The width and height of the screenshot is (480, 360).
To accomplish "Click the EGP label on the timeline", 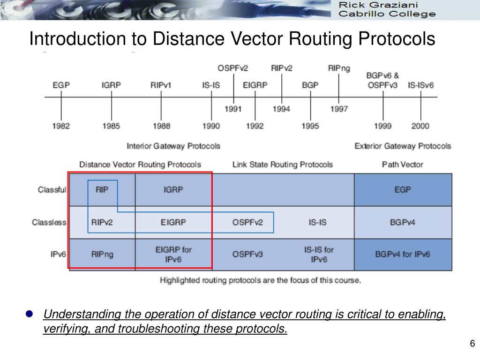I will (x=61, y=85).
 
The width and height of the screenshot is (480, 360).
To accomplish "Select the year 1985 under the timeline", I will (x=111, y=126).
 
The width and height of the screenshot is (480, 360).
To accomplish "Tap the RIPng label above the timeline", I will (x=339, y=68).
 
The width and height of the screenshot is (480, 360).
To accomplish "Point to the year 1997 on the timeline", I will (x=339, y=109).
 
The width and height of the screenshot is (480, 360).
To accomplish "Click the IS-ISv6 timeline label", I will (x=420, y=85).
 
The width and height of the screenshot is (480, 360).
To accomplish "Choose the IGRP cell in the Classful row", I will (x=173, y=190).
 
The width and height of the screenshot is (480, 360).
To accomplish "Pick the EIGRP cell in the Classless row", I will (x=173, y=223).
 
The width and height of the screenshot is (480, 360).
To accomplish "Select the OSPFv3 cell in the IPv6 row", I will (x=247, y=255).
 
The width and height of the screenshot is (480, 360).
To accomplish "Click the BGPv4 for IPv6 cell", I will (x=403, y=255).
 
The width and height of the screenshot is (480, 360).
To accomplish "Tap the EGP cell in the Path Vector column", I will (x=403, y=190).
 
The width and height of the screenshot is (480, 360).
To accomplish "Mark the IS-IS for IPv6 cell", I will (x=318, y=255).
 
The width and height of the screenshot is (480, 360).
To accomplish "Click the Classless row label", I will (x=49, y=223).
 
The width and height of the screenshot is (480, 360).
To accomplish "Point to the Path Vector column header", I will (x=402, y=165).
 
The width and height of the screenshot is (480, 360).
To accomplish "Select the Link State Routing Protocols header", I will (x=282, y=165).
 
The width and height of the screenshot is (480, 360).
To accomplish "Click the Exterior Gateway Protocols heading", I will (x=403, y=146).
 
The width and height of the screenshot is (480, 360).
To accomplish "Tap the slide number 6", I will (x=472, y=344).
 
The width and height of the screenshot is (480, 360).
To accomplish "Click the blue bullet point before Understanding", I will (x=29, y=314).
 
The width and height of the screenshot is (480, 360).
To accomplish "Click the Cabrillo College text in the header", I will (x=387, y=14).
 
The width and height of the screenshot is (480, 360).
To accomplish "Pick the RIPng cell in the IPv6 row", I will (x=102, y=255).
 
